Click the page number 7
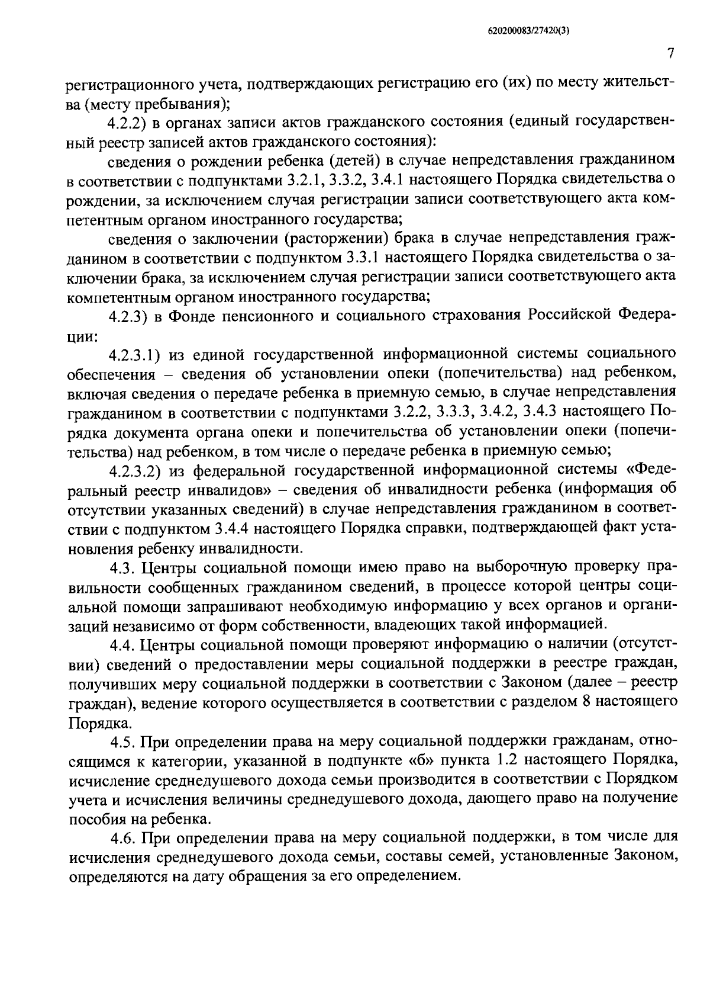(671, 54)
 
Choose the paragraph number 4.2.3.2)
(135, 471)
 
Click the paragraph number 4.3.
(122, 567)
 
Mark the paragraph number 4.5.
(122, 741)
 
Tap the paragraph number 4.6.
(123, 838)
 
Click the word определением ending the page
(408, 877)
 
